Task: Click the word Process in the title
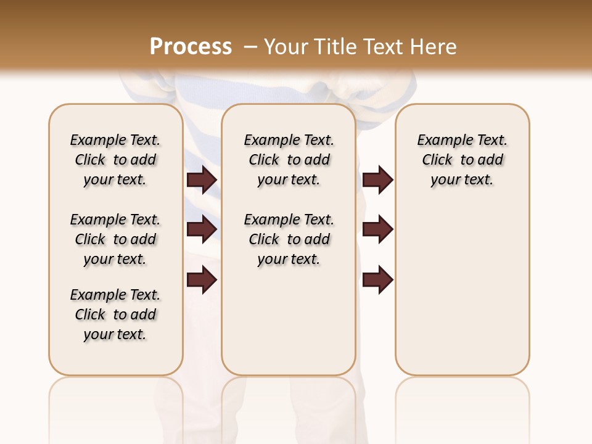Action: click(x=191, y=47)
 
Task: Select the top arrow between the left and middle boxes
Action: click(x=202, y=180)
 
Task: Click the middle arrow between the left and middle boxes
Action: click(x=202, y=230)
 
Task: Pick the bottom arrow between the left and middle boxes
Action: click(x=202, y=281)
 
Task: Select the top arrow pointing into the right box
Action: click(x=377, y=180)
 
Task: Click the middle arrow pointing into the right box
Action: click(x=377, y=230)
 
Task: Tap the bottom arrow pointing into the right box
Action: click(x=377, y=281)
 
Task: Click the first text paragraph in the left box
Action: click(x=115, y=160)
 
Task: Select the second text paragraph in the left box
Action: click(x=115, y=239)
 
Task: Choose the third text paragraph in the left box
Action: click(x=115, y=314)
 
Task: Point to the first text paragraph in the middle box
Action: click(x=289, y=160)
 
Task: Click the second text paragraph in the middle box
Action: click(x=289, y=239)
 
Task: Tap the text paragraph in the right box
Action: click(x=462, y=160)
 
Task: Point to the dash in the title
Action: click(x=250, y=47)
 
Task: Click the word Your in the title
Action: click(x=287, y=47)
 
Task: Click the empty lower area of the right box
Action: click(x=462, y=296)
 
